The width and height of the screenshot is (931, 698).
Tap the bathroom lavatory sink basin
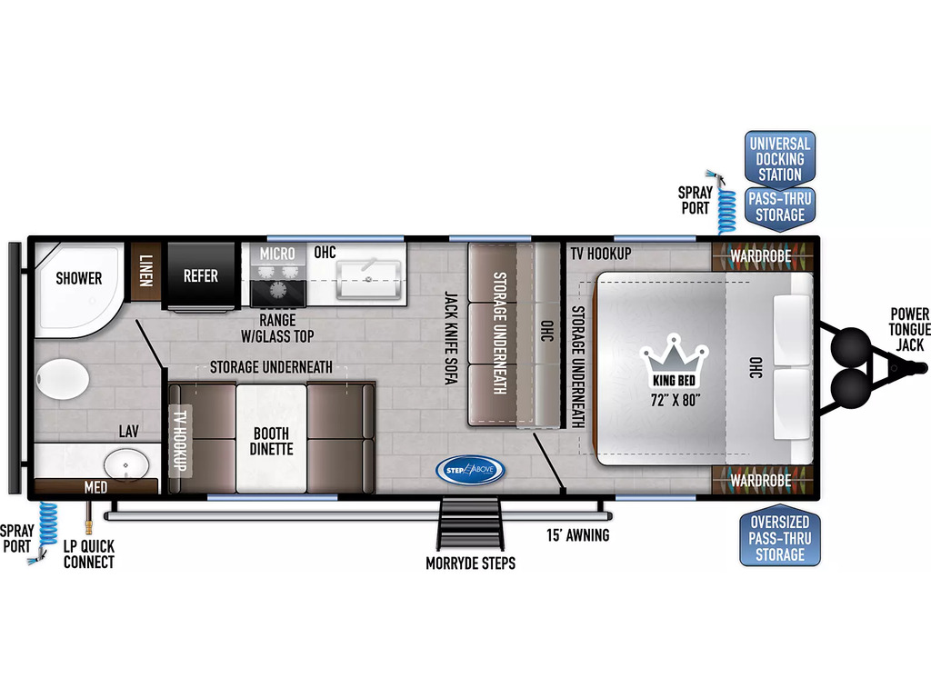[x=126, y=464]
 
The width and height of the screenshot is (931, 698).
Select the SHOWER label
[x=79, y=278]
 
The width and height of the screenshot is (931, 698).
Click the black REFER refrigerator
[x=201, y=275]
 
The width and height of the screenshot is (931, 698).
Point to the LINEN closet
[x=145, y=271]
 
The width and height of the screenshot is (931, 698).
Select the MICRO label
[x=277, y=254]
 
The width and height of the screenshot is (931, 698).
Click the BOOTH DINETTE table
[x=271, y=439]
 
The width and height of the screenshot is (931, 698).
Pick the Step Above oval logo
[x=470, y=470]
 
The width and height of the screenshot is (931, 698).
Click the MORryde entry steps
[x=470, y=524]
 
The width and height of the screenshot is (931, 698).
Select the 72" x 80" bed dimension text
[x=676, y=400]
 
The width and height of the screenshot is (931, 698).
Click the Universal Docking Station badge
[x=779, y=159]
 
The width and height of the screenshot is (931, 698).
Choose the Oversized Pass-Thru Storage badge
[x=779, y=538]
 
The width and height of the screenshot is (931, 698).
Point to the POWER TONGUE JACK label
[x=908, y=329]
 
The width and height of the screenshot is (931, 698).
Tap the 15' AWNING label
[x=577, y=535]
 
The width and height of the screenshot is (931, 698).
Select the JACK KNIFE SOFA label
[x=451, y=338]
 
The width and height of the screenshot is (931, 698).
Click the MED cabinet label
[x=95, y=487]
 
